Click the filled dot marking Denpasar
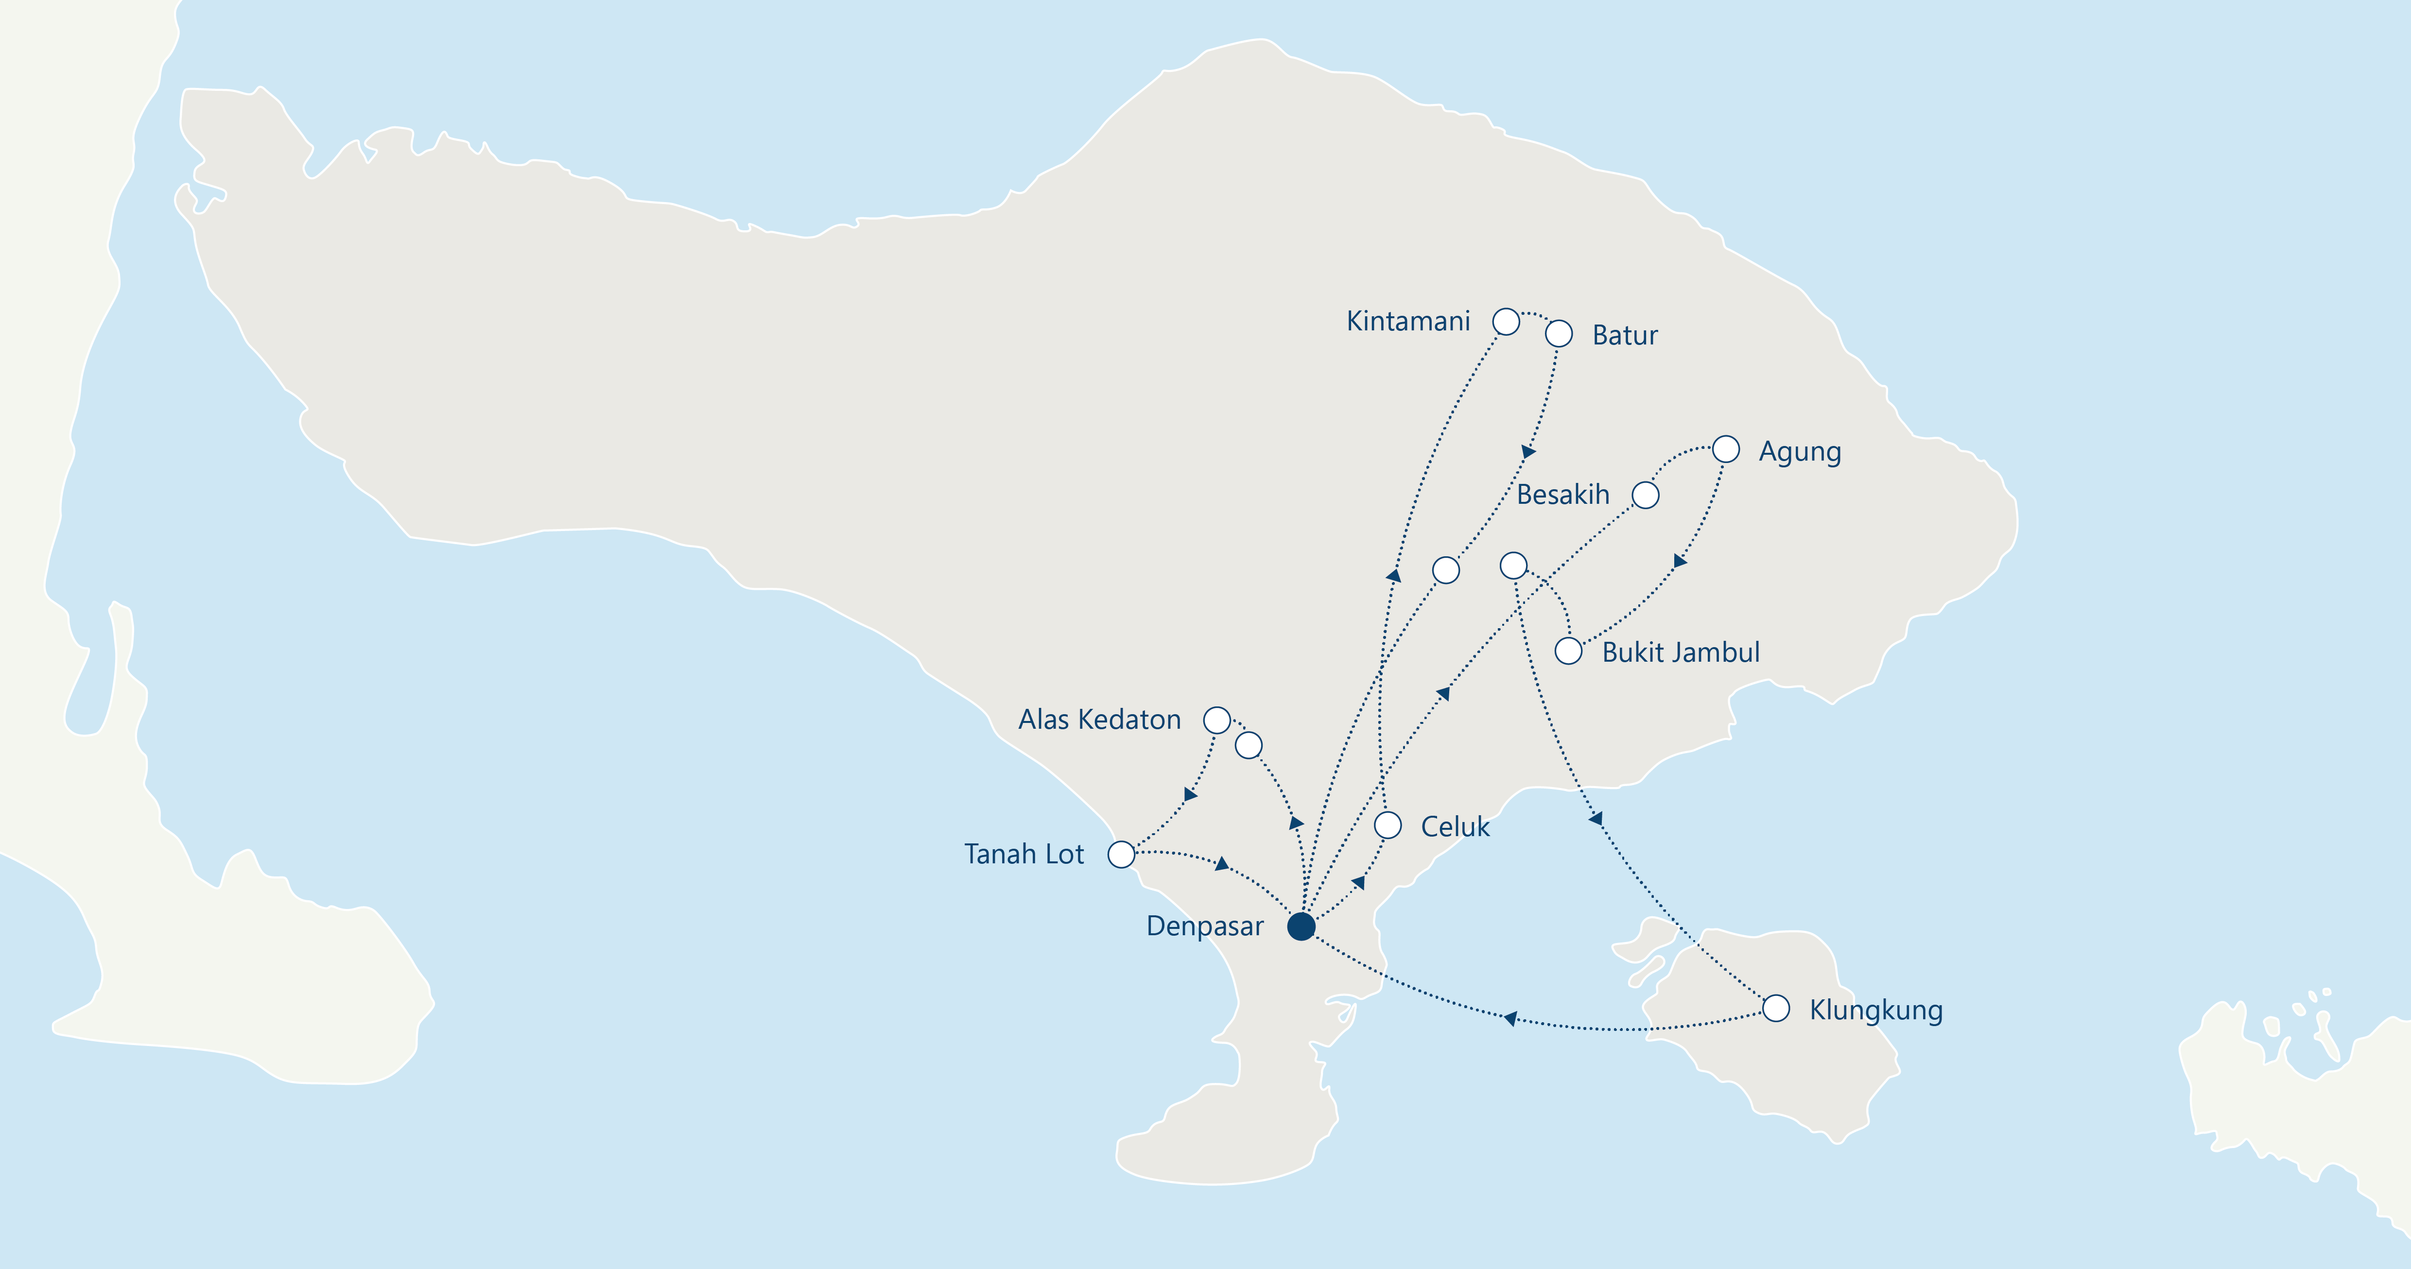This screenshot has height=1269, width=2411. [x=1301, y=926]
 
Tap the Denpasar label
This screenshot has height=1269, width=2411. [x=1205, y=926]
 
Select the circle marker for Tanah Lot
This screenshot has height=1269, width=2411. [x=1121, y=855]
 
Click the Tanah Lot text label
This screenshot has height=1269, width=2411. [x=1024, y=855]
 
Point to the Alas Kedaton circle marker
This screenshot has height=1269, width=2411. [x=1217, y=720]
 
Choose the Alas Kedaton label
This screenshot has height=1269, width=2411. [x=1100, y=720]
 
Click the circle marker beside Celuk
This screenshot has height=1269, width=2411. [x=1388, y=825]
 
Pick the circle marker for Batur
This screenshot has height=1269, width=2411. [x=1559, y=334]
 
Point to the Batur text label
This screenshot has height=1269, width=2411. [x=1625, y=335]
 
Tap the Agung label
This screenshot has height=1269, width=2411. [x=1800, y=452]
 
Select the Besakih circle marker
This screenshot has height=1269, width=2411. [x=1646, y=495]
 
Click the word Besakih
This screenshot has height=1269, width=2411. [x=1563, y=495]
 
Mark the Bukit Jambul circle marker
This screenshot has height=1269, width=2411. [x=1569, y=651]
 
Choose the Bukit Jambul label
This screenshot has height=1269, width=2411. [x=1681, y=652]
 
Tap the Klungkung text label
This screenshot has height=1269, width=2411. [x=1875, y=1011]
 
